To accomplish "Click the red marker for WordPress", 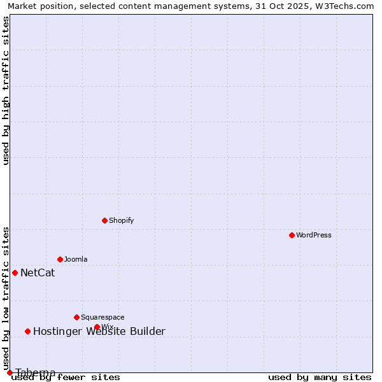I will pos(292,235).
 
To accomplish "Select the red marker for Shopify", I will pos(104,220).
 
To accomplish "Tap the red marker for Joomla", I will pos(60,259).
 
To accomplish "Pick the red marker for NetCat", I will pos(15,272).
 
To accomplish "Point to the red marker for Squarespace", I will pos(76,317).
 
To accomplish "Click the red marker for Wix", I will pos(97,327).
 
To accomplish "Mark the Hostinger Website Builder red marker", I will pos(27,331).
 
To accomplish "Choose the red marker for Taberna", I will pos(10,372).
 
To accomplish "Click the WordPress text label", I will pos(314,235).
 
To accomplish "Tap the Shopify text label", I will pos(121,220).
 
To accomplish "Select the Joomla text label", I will pos(76,259).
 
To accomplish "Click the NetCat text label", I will pos(38,273).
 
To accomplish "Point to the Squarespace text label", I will pos(103,317).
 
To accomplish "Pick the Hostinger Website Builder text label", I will pos(99,331).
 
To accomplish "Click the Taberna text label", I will pos(36,372).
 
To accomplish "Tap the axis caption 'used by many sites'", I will pos(320,377).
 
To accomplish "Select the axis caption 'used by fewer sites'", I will pos(66,377).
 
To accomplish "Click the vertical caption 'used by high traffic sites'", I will pos(6,90).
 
